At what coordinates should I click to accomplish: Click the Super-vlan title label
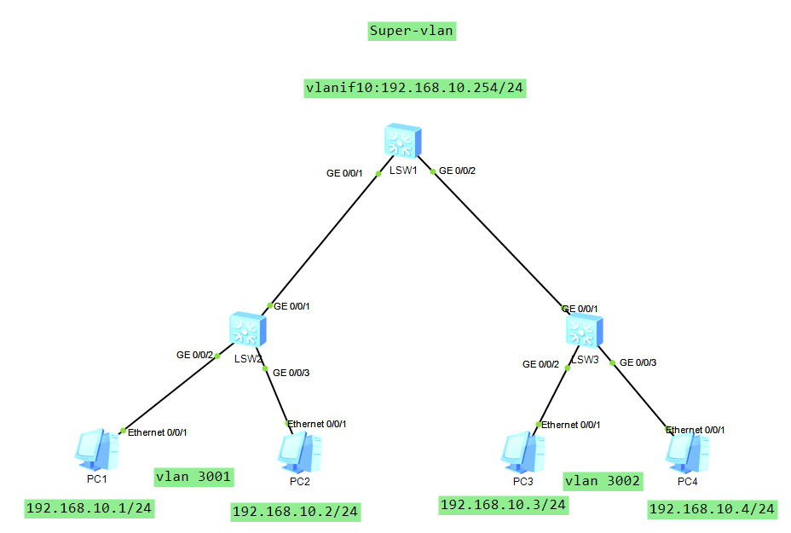point(413,32)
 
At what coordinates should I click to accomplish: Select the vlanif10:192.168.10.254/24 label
point(414,88)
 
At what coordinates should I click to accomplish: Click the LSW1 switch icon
point(401,141)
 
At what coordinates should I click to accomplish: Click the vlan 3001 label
point(193,476)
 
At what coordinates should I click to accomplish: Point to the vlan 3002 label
point(603,481)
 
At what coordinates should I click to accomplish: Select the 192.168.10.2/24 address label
point(296,512)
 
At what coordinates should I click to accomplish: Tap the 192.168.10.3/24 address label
point(503,504)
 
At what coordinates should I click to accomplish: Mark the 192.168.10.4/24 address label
point(713,509)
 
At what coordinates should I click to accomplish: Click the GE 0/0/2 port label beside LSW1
point(457,171)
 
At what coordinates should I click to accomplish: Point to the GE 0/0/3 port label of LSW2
point(292,371)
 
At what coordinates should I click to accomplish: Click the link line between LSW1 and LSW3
point(503,241)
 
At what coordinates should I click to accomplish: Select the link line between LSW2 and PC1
point(170,392)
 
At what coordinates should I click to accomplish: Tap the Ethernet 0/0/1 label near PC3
point(571,424)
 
